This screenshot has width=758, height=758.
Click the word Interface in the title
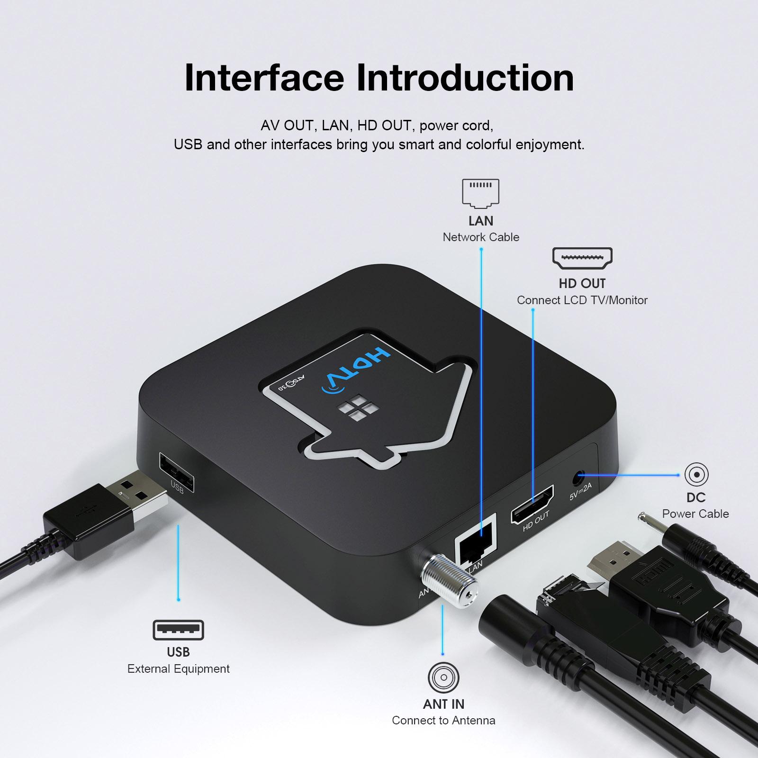(264, 77)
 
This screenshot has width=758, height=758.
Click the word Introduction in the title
(465, 77)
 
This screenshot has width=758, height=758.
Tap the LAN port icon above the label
(480, 193)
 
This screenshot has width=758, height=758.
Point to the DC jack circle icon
(696, 474)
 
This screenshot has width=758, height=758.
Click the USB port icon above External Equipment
(178, 630)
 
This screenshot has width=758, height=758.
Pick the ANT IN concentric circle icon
(443, 677)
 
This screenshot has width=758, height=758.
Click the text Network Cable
(481, 237)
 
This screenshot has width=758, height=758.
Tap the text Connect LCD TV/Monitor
(582, 300)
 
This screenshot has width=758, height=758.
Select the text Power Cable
(695, 514)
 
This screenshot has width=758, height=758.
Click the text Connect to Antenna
(443, 720)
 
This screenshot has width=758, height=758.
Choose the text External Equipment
(178, 668)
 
